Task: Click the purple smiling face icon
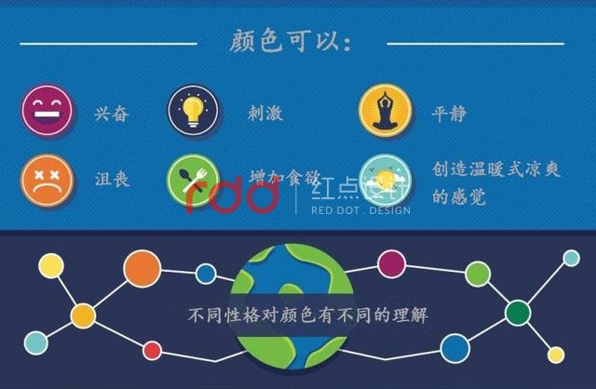pyautogui.click(x=47, y=112)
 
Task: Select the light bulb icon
pyautogui.click(x=193, y=112)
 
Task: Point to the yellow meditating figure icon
pyautogui.click(x=384, y=112)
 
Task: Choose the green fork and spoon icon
pyautogui.click(x=193, y=180)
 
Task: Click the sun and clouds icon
pyautogui.click(x=384, y=180)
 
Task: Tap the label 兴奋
pyautogui.click(x=111, y=114)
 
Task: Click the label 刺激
pyautogui.click(x=265, y=114)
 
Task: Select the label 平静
pyautogui.click(x=450, y=114)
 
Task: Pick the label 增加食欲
pyautogui.click(x=284, y=176)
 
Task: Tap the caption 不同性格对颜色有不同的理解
pyautogui.click(x=295, y=315)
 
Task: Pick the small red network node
pyautogui.click(x=152, y=350)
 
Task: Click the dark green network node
pyautogui.click(x=518, y=310)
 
